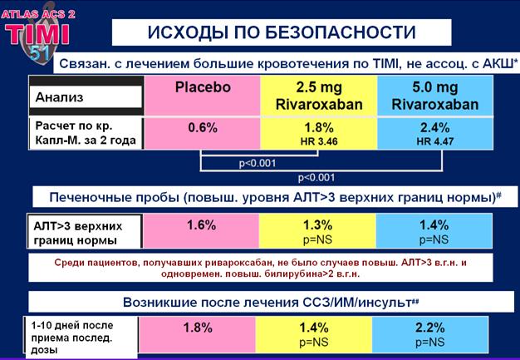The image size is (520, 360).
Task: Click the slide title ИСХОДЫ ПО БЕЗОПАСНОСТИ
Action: (x=282, y=32)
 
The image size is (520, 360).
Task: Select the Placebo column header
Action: (x=203, y=87)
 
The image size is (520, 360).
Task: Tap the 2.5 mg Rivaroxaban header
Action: (x=319, y=96)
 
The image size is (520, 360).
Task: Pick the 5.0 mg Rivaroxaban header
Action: (x=435, y=96)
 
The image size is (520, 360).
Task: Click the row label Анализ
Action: (x=59, y=97)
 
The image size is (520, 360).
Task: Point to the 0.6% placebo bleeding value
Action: (x=203, y=128)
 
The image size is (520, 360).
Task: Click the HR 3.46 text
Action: (x=319, y=141)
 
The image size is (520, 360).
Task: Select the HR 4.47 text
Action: (x=435, y=141)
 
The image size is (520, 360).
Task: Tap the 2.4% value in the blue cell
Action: (x=435, y=128)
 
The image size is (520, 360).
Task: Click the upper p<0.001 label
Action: (x=258, y=163)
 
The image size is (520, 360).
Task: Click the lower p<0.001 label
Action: (x=316, y=178)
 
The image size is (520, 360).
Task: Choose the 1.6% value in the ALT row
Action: (x=201, y=225)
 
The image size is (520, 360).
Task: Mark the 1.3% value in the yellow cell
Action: (x=317, y=225)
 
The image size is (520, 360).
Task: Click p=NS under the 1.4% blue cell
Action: (x=434, y=240)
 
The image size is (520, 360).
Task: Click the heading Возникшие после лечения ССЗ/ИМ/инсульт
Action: (x=271, y=303)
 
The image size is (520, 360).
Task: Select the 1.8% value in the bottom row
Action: (x=198, y=328)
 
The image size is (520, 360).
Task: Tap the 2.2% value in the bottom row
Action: (x=429, y=328)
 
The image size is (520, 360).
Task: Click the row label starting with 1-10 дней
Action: (x=72, y=338)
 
